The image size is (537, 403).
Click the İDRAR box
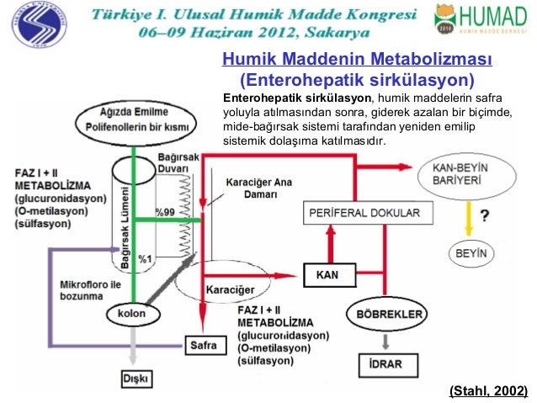pos(385,364)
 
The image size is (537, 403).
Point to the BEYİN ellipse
pos(471,252)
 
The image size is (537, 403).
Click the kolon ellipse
pos(131,314)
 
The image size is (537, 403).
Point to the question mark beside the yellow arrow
pos(486,215)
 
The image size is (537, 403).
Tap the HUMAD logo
pos(482,19)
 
